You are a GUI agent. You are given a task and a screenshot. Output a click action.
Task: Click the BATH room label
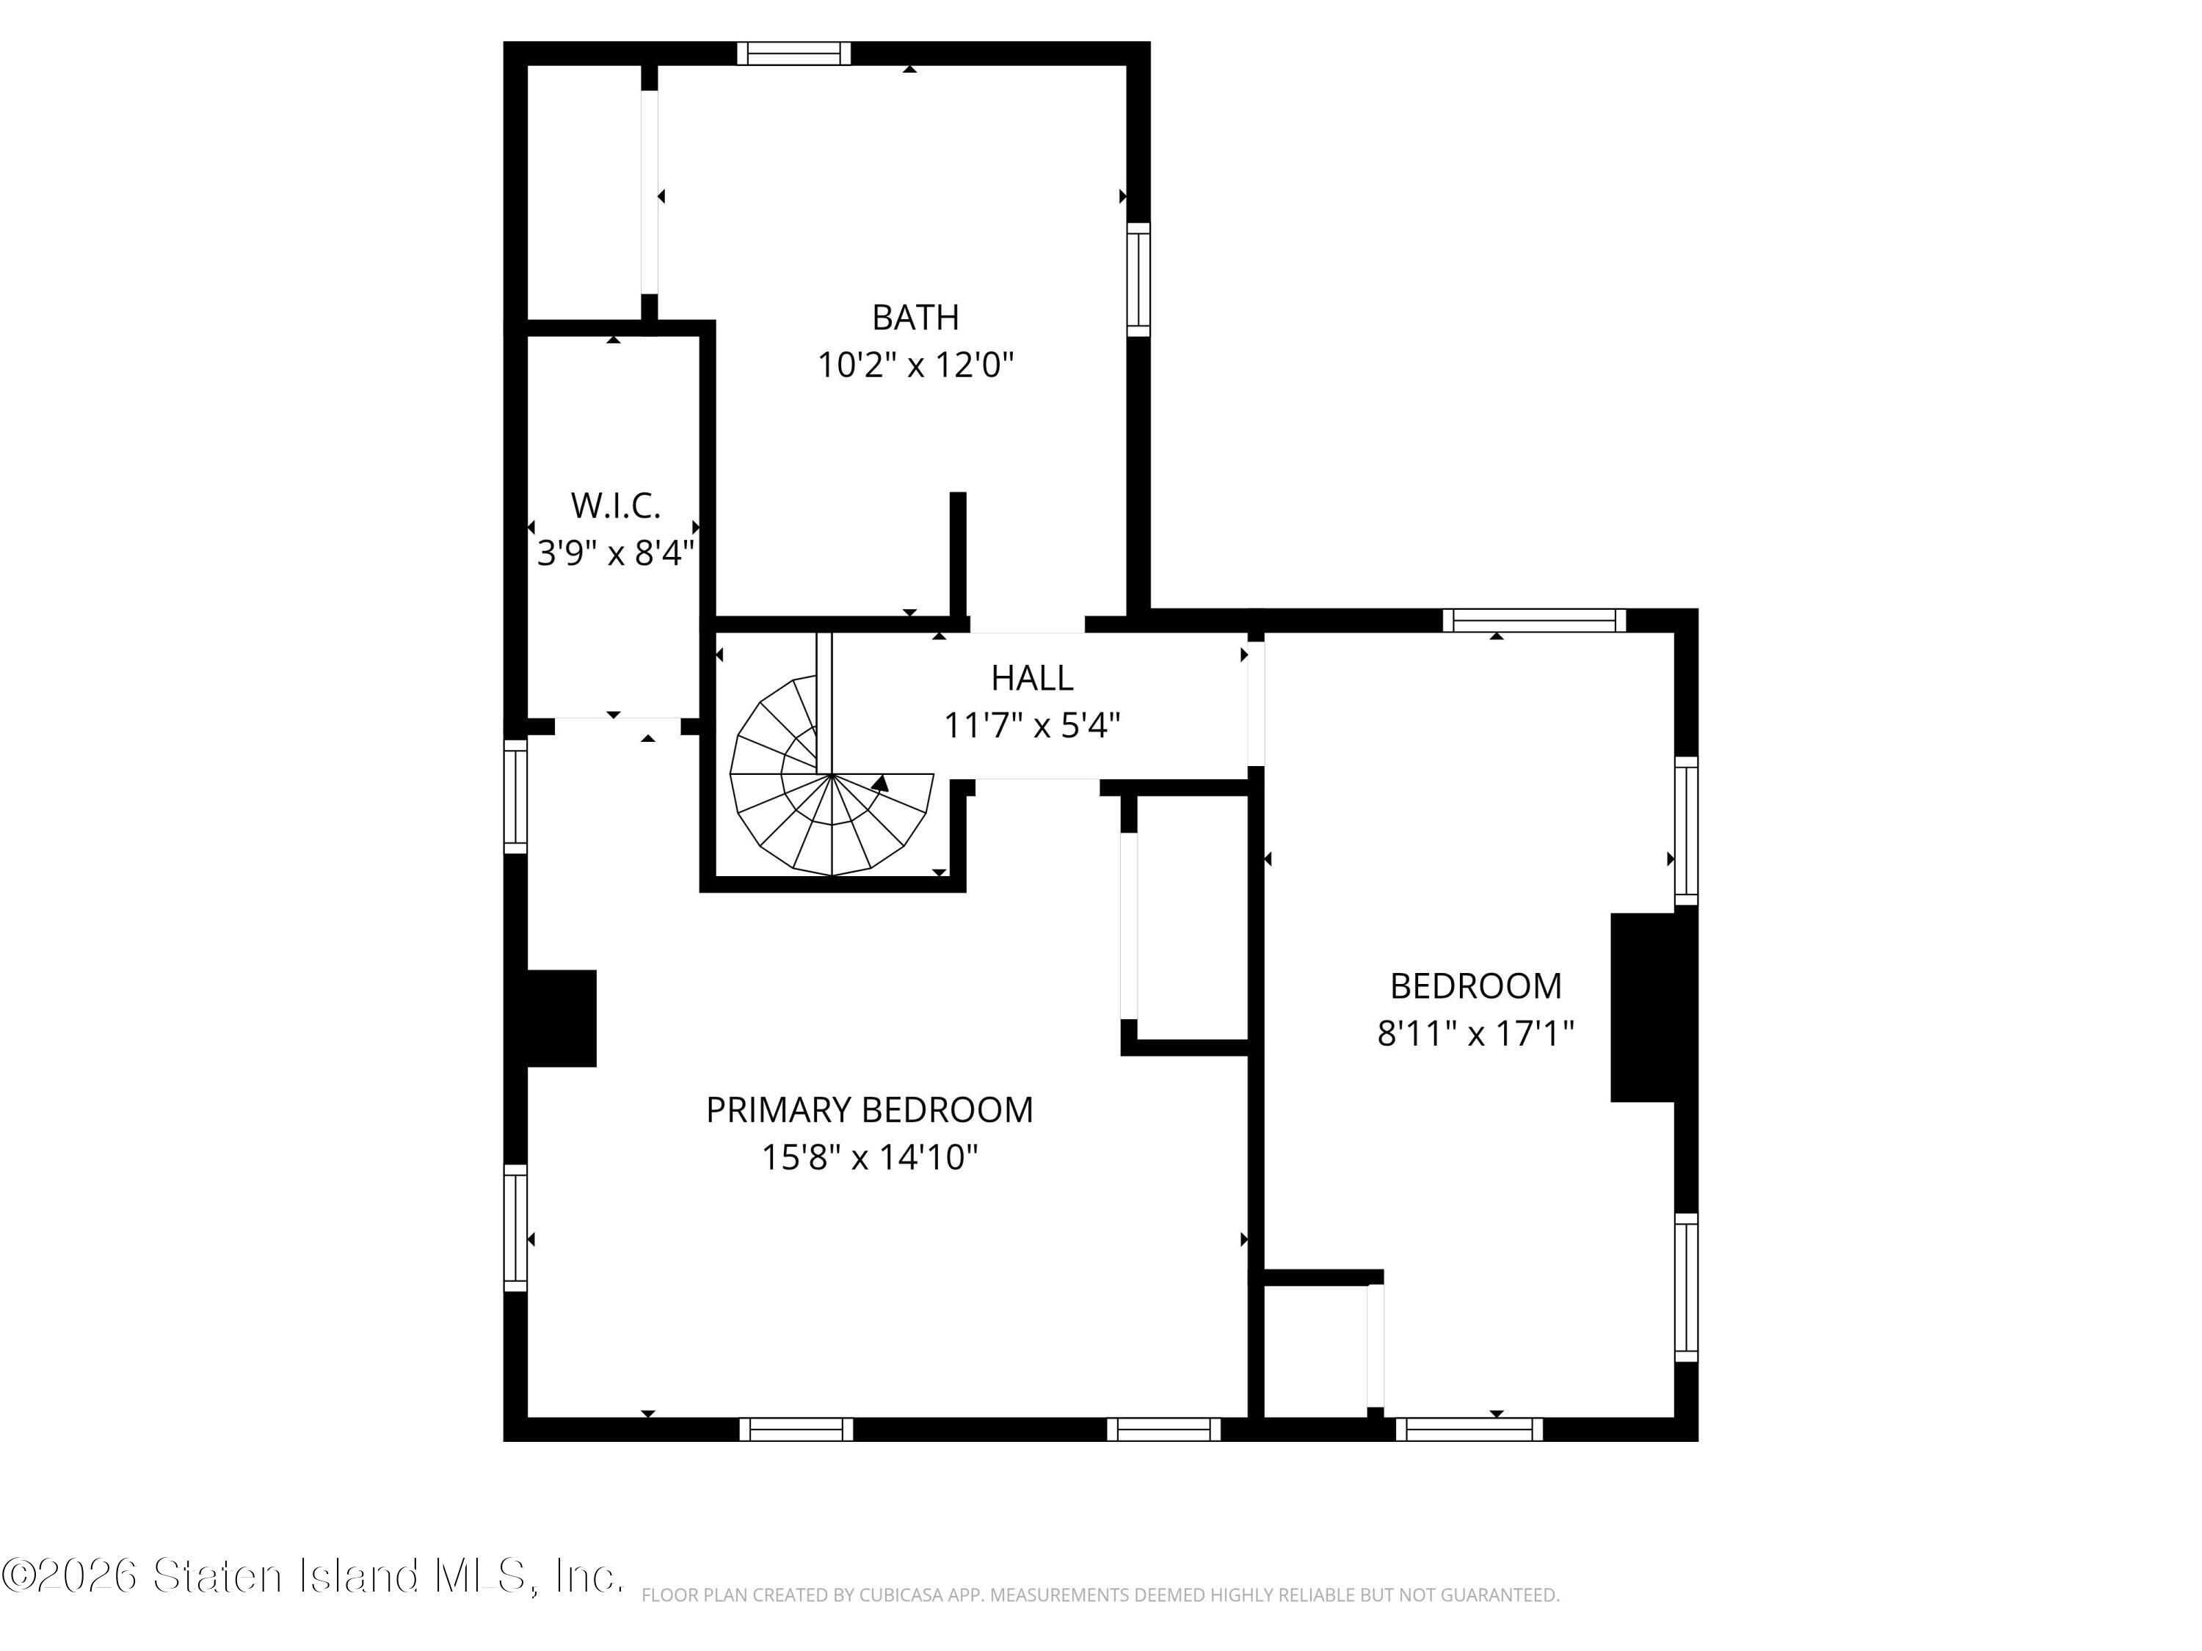point(915,318)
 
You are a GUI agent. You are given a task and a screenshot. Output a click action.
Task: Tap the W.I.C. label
point(615,506)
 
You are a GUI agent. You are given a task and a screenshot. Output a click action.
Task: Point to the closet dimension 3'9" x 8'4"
point(615,553)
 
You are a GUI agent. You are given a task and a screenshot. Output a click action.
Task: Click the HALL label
point(1031,678)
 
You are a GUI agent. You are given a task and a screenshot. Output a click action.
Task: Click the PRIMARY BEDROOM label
point(869,1109)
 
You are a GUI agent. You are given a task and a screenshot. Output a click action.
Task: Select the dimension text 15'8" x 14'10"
point(869,1157)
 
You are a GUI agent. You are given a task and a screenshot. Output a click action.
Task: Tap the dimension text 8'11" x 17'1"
point(1475,1034)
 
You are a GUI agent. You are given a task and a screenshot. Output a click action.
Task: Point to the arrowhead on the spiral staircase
point(879,783)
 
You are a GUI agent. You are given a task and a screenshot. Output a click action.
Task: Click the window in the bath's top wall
point(793,53)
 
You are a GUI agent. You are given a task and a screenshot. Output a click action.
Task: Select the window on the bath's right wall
point(1138,280)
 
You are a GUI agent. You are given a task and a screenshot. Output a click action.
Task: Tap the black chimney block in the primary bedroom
point(561,1018)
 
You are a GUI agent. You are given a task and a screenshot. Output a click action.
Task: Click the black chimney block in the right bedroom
point(1643,1007)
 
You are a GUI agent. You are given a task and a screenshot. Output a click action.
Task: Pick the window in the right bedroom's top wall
point(1534,620)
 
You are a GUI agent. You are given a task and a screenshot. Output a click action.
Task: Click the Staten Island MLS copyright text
point(313,1575)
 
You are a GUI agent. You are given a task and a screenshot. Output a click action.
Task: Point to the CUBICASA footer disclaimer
point(1100,1595)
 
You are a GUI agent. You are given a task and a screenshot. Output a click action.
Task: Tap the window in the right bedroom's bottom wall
point(1469,1429)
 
